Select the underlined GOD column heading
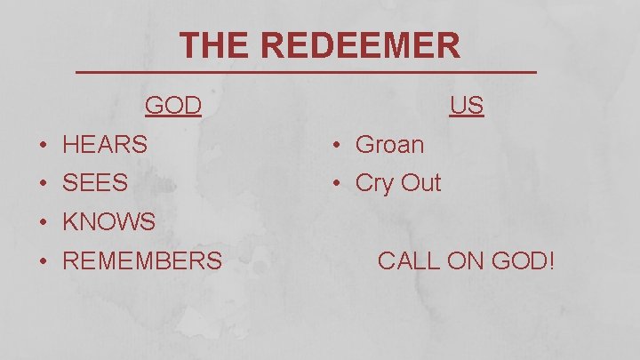(173, 106)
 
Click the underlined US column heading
(467, 106)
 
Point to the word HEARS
(105, 144)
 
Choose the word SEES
(95, 183)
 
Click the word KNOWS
(108, 222)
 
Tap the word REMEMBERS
(142, 260)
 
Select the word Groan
(389, 144)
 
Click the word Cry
(374, 183)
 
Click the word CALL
(407, 260)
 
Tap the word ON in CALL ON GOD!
(462, 260)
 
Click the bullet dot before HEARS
(43, 145)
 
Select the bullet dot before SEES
(43, 184)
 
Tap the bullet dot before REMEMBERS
(43, 261)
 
